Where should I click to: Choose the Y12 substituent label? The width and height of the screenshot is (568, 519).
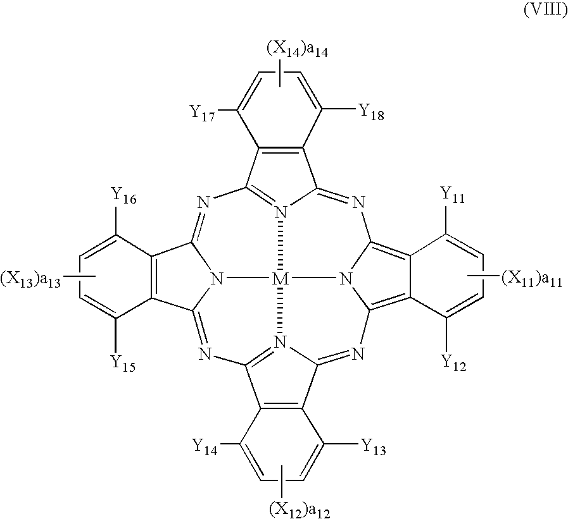(451, 363)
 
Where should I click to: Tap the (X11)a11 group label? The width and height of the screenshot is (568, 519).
(530, 278)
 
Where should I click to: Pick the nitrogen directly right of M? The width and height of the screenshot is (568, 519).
(346, 278)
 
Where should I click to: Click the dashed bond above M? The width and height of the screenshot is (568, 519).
(281, 247)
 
